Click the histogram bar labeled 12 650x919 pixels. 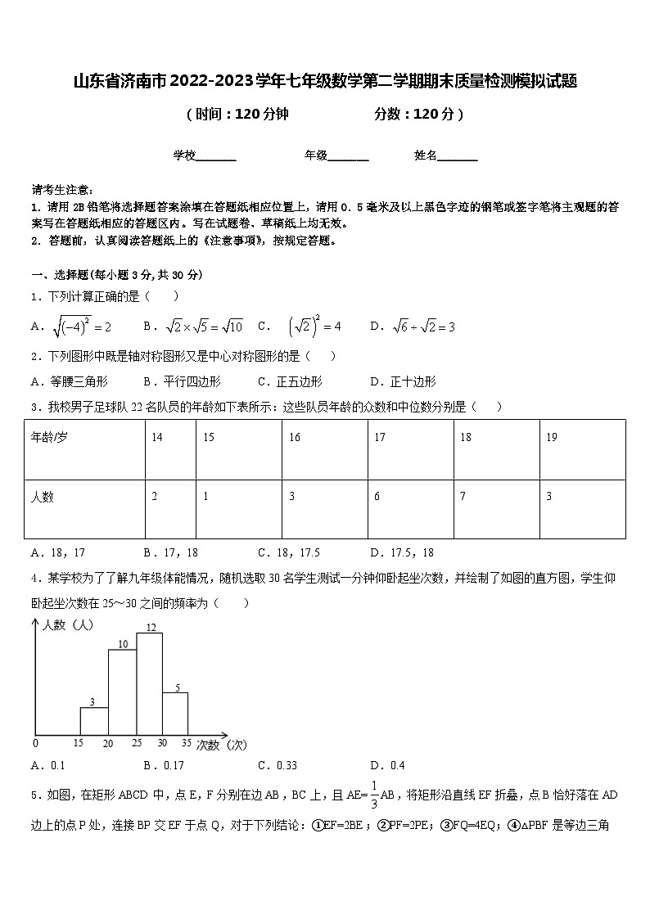150,683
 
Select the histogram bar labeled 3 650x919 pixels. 94,720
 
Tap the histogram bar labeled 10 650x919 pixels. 122,692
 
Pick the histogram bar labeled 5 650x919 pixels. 175,713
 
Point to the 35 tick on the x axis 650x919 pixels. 187,743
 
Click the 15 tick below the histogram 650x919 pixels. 79,743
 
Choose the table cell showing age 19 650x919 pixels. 582,448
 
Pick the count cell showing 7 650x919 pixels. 496,508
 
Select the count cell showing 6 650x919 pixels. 410,508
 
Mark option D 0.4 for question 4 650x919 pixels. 387,766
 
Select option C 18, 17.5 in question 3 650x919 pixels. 288,552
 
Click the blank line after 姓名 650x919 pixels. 458,155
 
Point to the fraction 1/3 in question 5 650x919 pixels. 373,795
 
